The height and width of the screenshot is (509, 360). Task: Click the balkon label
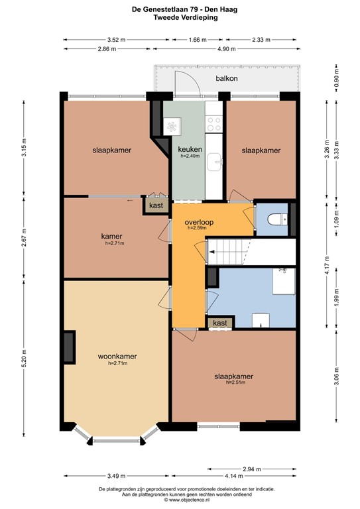point(226,79)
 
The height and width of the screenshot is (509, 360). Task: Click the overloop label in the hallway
point(197,221)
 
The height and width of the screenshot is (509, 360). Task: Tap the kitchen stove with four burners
point(215,123)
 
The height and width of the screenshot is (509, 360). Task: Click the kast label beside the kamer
point(156,206)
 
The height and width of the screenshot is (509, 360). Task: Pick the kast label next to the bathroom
point(221,323)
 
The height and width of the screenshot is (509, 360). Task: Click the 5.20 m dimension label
point(24,351)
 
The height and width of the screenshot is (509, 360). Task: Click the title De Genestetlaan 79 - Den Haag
point(180,9)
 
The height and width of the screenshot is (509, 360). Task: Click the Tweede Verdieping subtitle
point(180,19)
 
